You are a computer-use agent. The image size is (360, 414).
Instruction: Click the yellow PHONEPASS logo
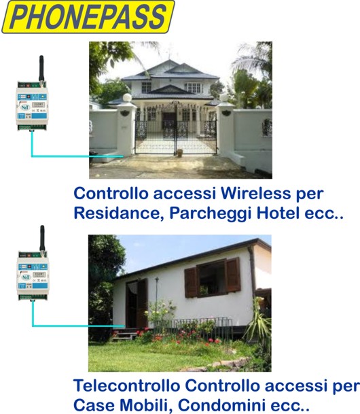(x=88, y=16)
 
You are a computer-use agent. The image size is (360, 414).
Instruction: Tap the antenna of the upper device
(x=41, y=69)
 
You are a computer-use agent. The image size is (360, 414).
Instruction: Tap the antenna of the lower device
(x=42, y=239)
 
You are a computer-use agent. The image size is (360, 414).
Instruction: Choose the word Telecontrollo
(x=126, y=385)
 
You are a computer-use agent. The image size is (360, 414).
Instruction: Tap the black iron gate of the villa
(x=176, y=129)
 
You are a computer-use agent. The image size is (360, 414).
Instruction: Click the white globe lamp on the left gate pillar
(x=127, y=98)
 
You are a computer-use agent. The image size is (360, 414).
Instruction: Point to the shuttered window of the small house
(x=213, y=277)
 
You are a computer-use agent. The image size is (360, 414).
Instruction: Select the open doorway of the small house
(x=137, y=304)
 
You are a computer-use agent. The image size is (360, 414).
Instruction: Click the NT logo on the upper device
(x=25, y=107)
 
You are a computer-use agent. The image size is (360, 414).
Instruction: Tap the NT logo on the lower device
(x=26, y=277)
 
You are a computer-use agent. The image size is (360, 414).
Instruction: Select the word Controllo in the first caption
(x=111, y=193)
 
